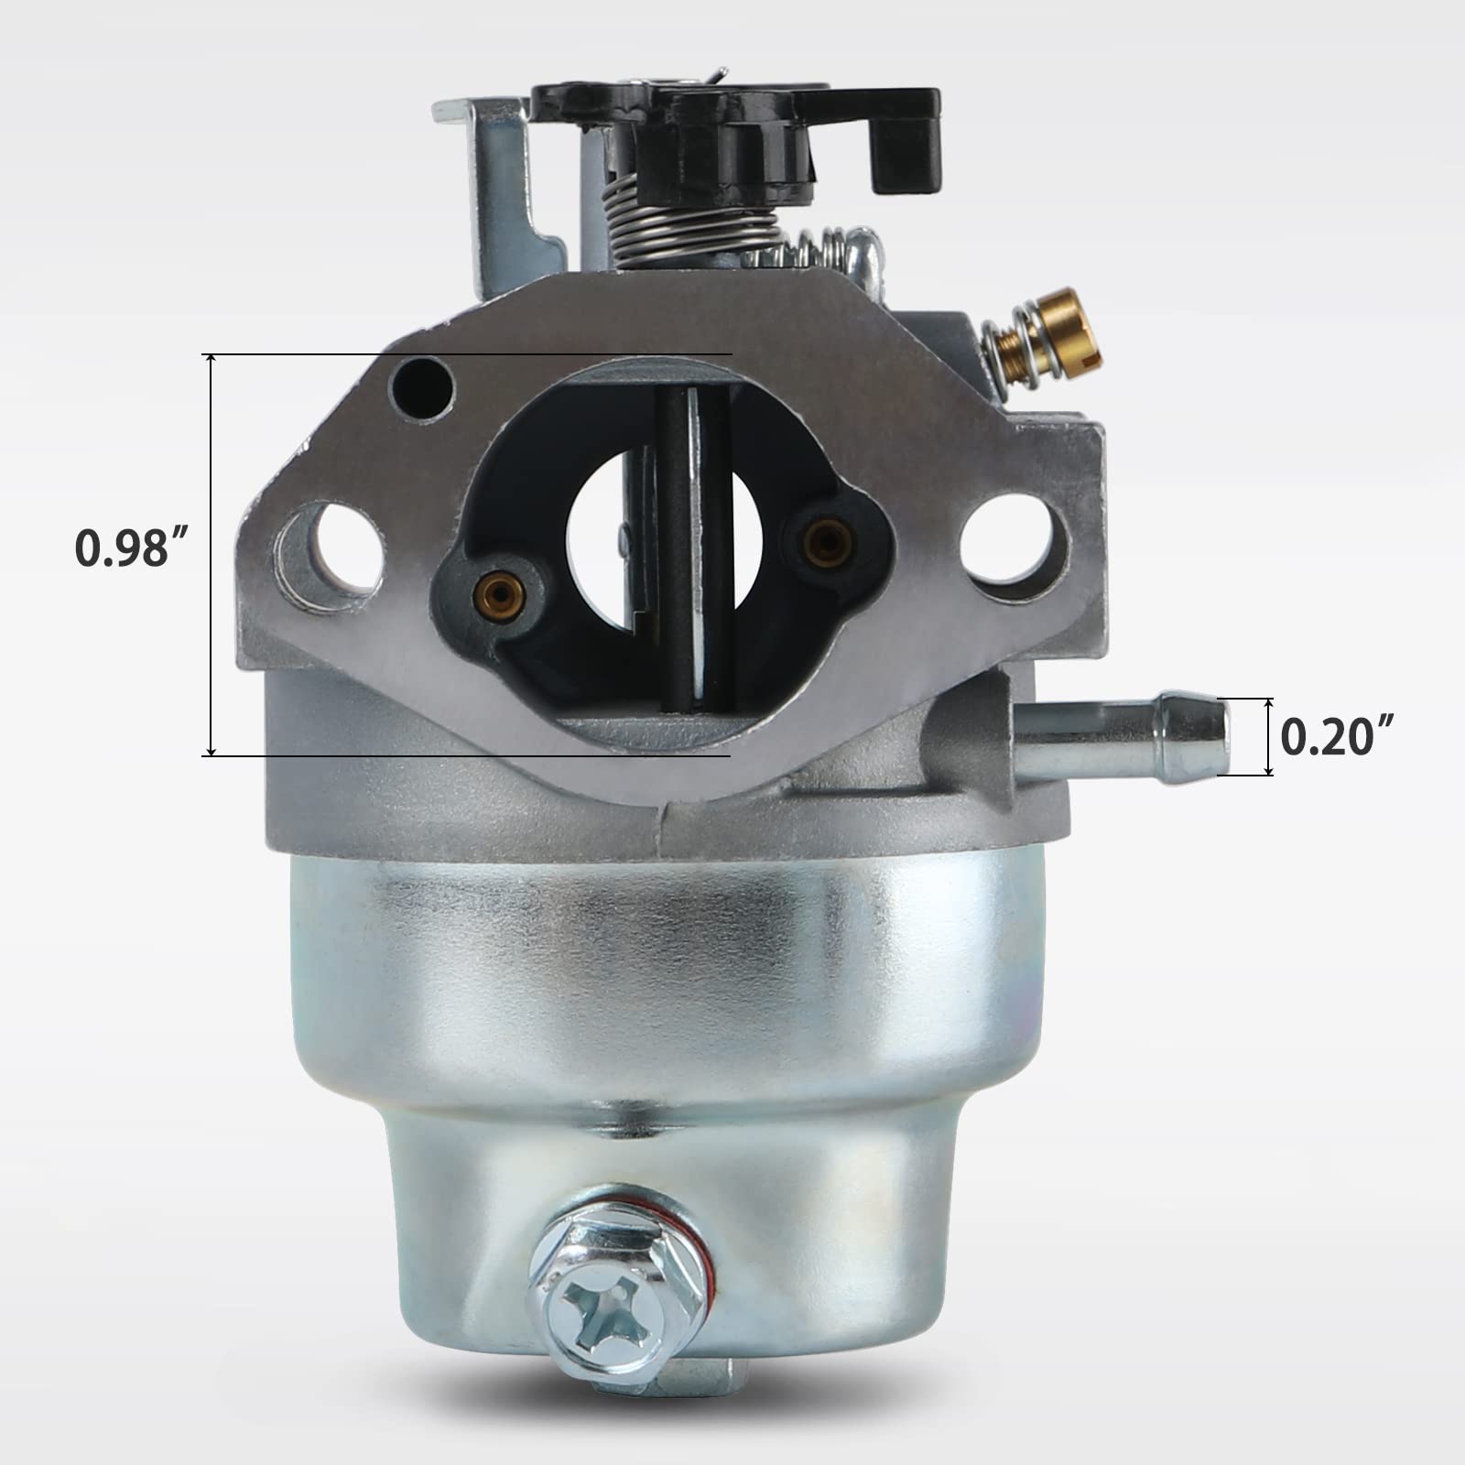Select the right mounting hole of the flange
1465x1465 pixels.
1007,538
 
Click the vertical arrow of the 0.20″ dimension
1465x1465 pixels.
1269,736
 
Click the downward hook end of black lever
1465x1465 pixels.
902,156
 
